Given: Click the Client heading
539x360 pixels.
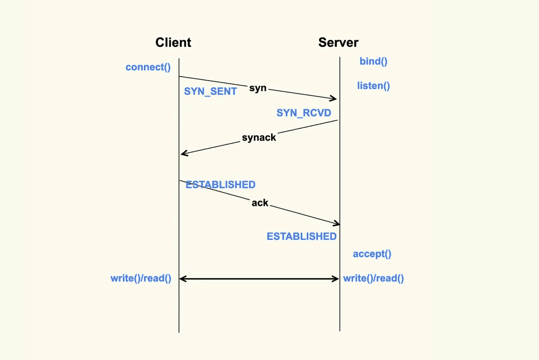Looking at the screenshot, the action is [173, 42].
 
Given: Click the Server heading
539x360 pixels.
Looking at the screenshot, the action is [338, 42].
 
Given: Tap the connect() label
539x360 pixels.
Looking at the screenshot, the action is [148, 67].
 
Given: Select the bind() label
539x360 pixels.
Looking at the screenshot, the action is [374, 61].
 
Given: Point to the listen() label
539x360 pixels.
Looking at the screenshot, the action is [374, 86].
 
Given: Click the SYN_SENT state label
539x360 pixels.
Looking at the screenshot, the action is [210, 92].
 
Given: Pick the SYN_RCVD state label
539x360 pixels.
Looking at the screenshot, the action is [304, 113].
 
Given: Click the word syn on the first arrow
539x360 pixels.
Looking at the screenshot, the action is [258, 88].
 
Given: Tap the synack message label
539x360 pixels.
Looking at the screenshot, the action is [259, 137].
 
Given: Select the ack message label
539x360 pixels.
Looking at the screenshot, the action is [260, 203].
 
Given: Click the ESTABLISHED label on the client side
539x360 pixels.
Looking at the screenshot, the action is [220, 185].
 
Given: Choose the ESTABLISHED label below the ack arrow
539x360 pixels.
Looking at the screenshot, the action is [302, 237].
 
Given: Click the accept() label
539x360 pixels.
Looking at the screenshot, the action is [372, 254].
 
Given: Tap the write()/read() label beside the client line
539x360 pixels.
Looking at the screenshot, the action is [141, 278].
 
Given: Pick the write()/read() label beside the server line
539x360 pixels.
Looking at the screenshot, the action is [374, 278].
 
